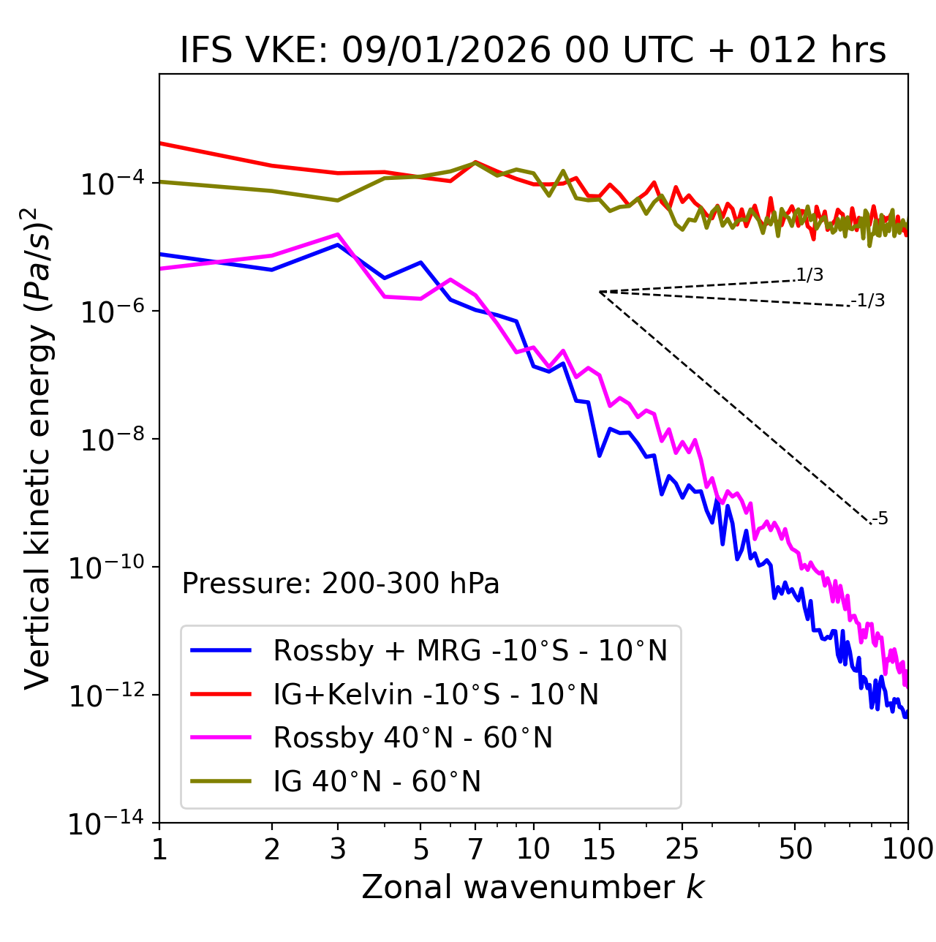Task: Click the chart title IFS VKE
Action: [x=532, y=51]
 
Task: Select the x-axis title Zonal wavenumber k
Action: [x=532, y=887]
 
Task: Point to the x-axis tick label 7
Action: [x=475, y=849]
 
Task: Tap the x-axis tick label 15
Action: [x=599, y=849]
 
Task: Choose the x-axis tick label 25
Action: [x=682, y=849]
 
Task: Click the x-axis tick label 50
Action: [x=795, y=849]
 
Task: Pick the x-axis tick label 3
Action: [x=337, y=849]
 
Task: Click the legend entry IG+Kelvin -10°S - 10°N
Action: [x=436, y=694]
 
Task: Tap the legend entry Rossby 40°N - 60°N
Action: [x=412, y=738]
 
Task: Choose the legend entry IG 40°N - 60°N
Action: [x=377, y=782]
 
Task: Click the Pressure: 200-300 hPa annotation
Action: [x=340, y=584]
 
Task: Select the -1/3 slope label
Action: [x=868, y=301]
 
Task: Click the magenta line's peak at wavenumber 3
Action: [x=337, y=235]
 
